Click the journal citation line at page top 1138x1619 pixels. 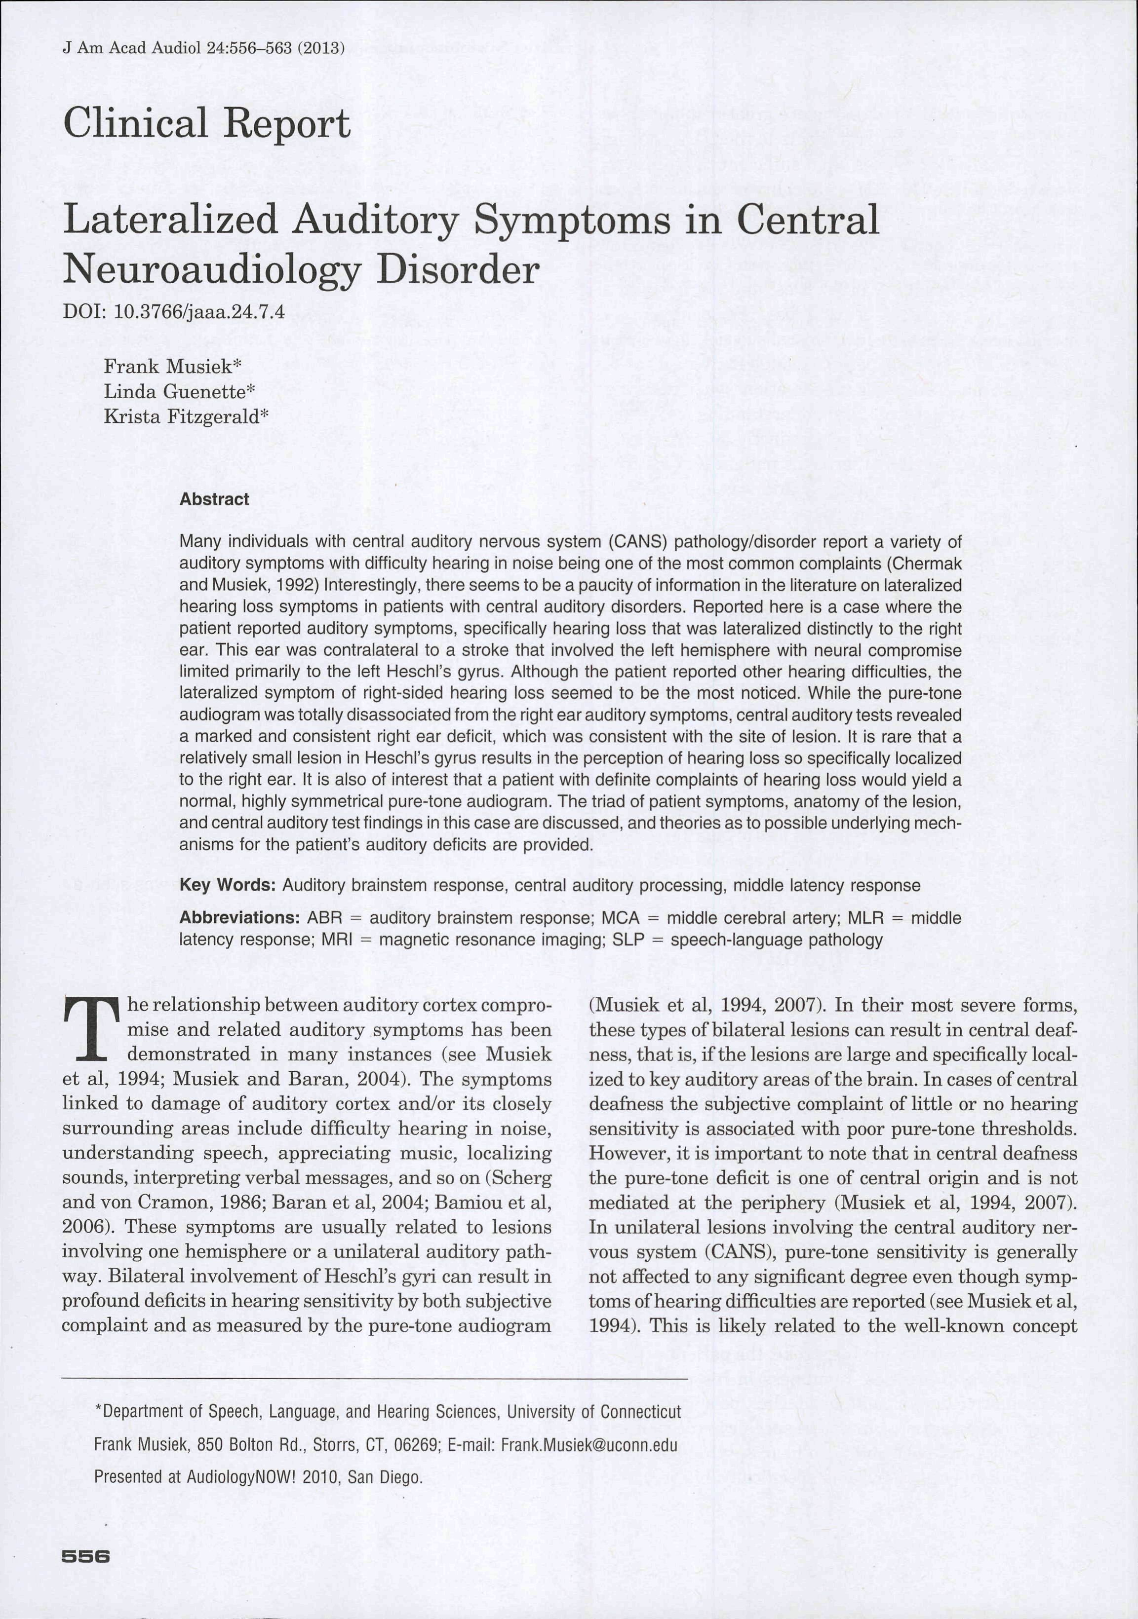coord(203,49)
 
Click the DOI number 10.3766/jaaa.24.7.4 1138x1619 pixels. coord(199,312)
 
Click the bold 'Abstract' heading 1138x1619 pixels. coord(214,499)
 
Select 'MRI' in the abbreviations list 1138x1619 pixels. coord(336,940)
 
